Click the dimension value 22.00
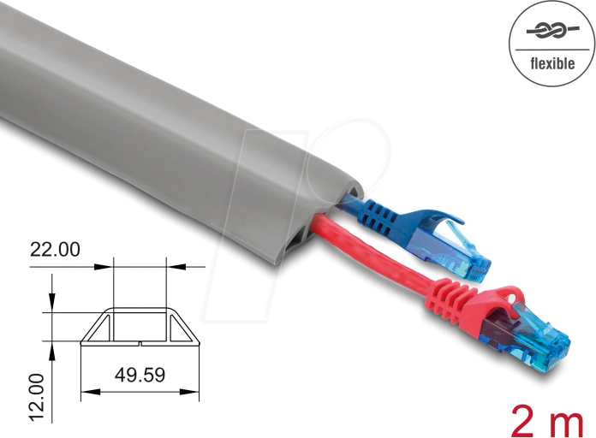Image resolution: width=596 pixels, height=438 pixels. [x=55, y=250]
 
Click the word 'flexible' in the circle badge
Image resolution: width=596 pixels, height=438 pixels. [x=552, y=62]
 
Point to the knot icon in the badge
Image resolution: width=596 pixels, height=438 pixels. [x=552, y=31]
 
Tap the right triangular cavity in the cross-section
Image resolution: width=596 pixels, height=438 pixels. [x=181, y=329]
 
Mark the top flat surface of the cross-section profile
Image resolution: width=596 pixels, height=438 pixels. [x=140, y=309]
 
